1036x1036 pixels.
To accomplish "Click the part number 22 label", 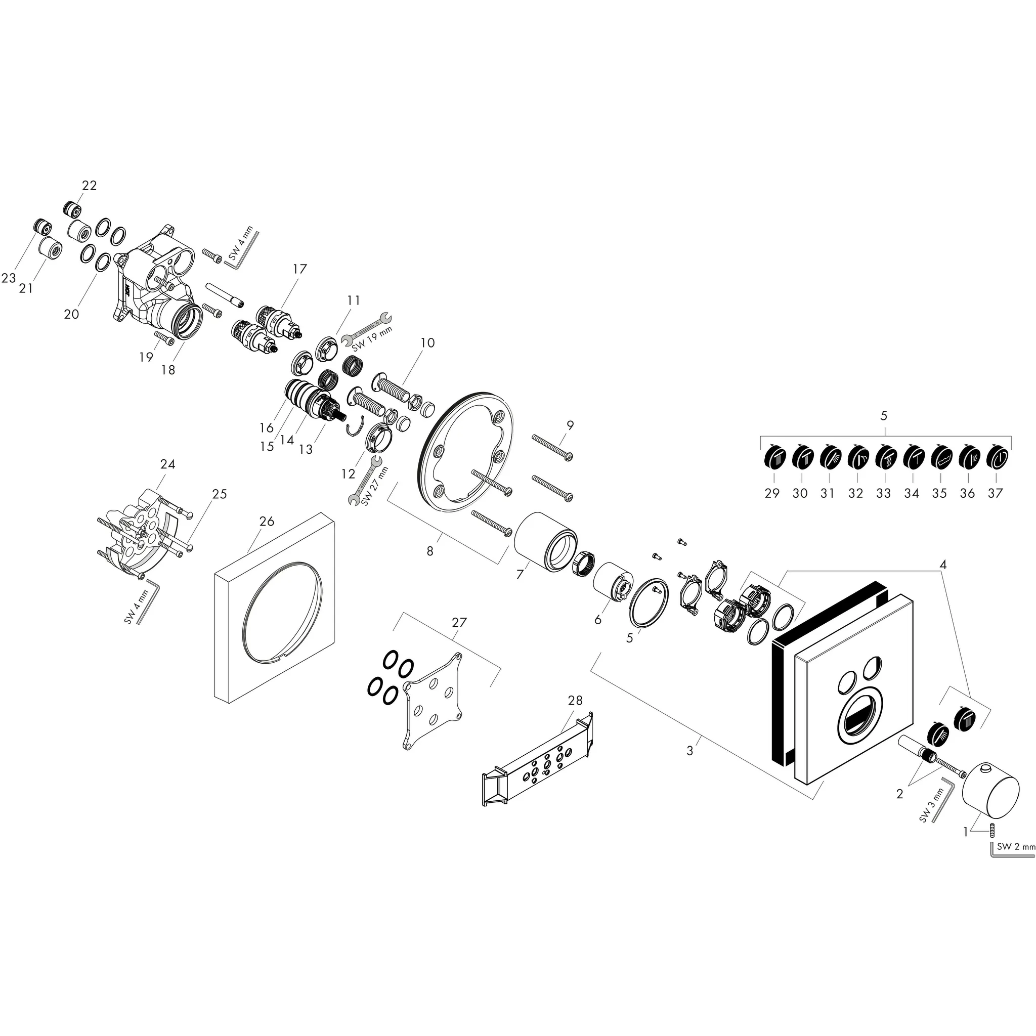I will click(89, 185).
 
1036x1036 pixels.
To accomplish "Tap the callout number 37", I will click(995, 493).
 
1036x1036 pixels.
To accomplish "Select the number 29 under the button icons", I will click(771, 493).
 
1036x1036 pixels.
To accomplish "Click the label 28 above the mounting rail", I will click(575, 701).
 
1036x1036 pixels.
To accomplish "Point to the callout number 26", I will click(267, 521).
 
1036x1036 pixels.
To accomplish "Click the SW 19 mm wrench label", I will click(373, 336).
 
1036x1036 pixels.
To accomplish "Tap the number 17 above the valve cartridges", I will click(300, 269).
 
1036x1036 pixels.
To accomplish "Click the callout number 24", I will click(168, 464).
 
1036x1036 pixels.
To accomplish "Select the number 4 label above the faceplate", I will click(943, 564).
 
